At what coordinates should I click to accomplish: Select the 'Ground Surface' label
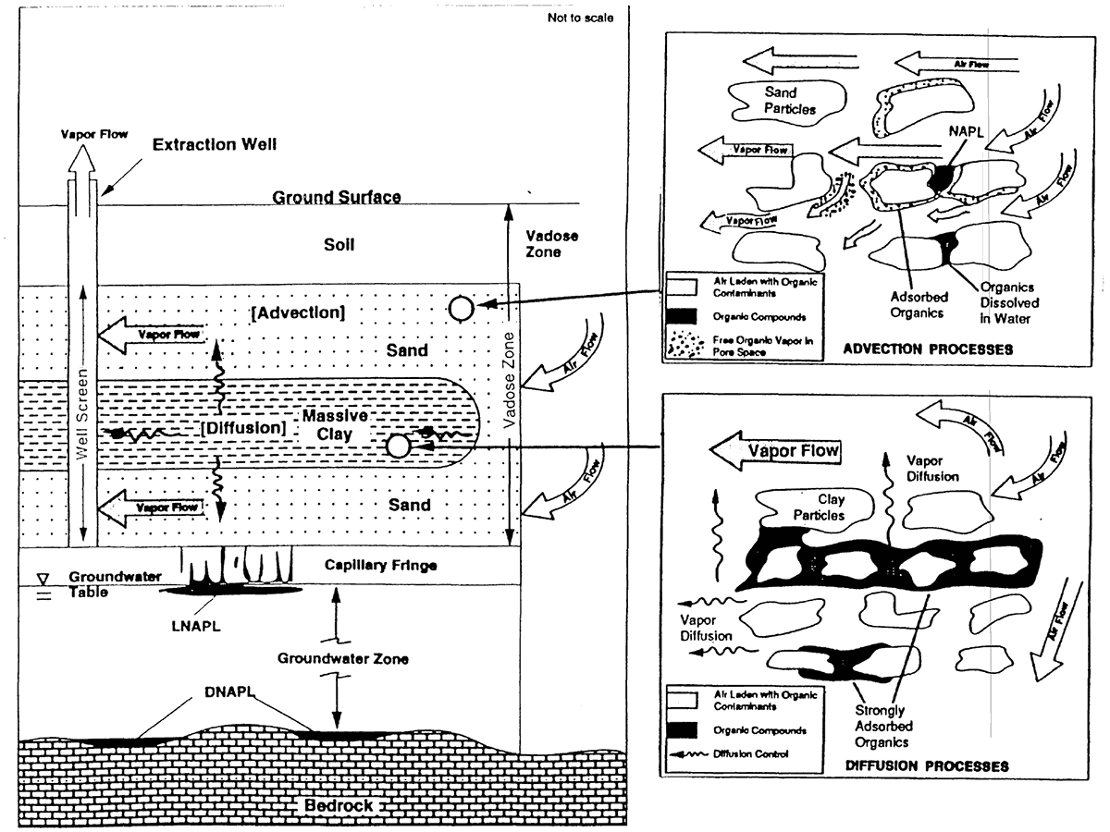[337, 198]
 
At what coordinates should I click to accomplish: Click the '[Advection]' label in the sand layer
[298, 312]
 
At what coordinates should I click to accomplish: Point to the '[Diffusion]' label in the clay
[243, 428]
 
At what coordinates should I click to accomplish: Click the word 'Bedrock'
[339, 805]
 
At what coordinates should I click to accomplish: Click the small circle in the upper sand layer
[460, 309]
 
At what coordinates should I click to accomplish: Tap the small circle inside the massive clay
[398, 447]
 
